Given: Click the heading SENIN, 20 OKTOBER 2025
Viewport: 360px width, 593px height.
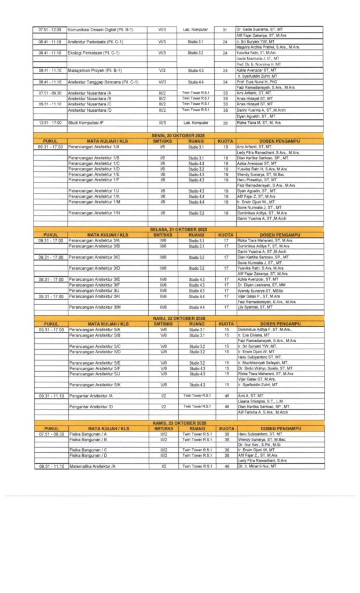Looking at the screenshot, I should coord(179,134).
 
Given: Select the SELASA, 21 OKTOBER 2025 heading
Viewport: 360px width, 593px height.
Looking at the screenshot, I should coord(179,229).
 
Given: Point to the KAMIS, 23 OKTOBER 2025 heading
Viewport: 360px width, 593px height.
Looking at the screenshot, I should coord(179,423).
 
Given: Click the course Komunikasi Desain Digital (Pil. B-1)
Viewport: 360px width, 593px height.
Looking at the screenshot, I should coord(101,29).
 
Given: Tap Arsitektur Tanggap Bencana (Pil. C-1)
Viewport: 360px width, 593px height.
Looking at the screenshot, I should coord(103,82).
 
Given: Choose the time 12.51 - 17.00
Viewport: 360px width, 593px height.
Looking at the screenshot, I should coord(50,123).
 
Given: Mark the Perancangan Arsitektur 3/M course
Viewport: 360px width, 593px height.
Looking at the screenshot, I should coord(95,307).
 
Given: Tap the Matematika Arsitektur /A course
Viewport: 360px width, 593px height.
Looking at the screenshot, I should coord(93,466).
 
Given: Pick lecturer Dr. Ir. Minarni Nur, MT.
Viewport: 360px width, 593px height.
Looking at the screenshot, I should coord(258,466).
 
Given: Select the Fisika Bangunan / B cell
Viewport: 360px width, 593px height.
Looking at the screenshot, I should coord(89,439).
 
